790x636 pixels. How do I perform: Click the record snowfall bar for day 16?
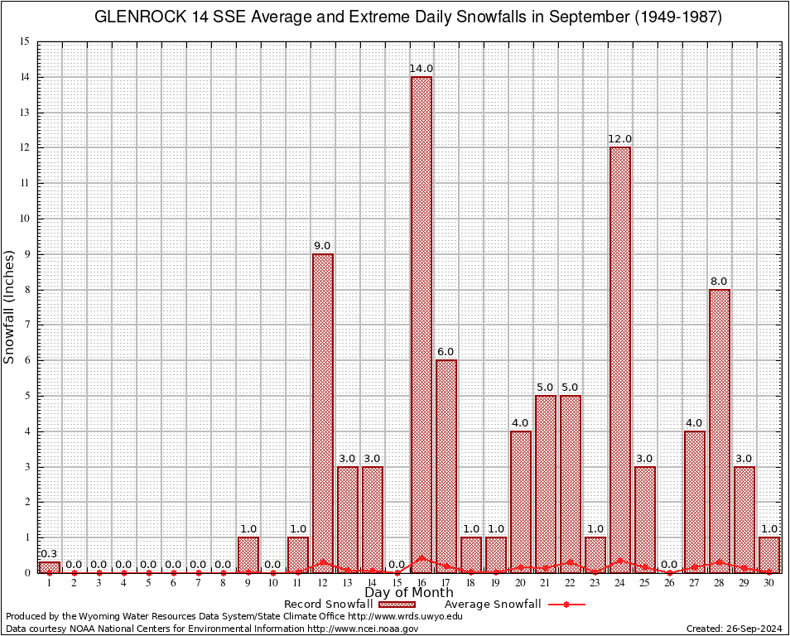pos(421,323)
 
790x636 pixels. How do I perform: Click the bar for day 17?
pos(446,465)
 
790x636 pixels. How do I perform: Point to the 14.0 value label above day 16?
pos(421,68)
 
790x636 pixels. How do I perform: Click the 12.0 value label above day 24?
pos(620,138)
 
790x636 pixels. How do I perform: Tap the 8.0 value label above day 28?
pos(720,281)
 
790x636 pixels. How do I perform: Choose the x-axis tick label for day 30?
pos(769,583)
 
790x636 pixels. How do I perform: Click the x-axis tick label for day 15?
pos(397,583)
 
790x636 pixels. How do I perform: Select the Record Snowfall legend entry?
pos(328,604)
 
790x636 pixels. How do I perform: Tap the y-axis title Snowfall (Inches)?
pos(10,306)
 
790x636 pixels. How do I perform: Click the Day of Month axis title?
pos(409,592)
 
